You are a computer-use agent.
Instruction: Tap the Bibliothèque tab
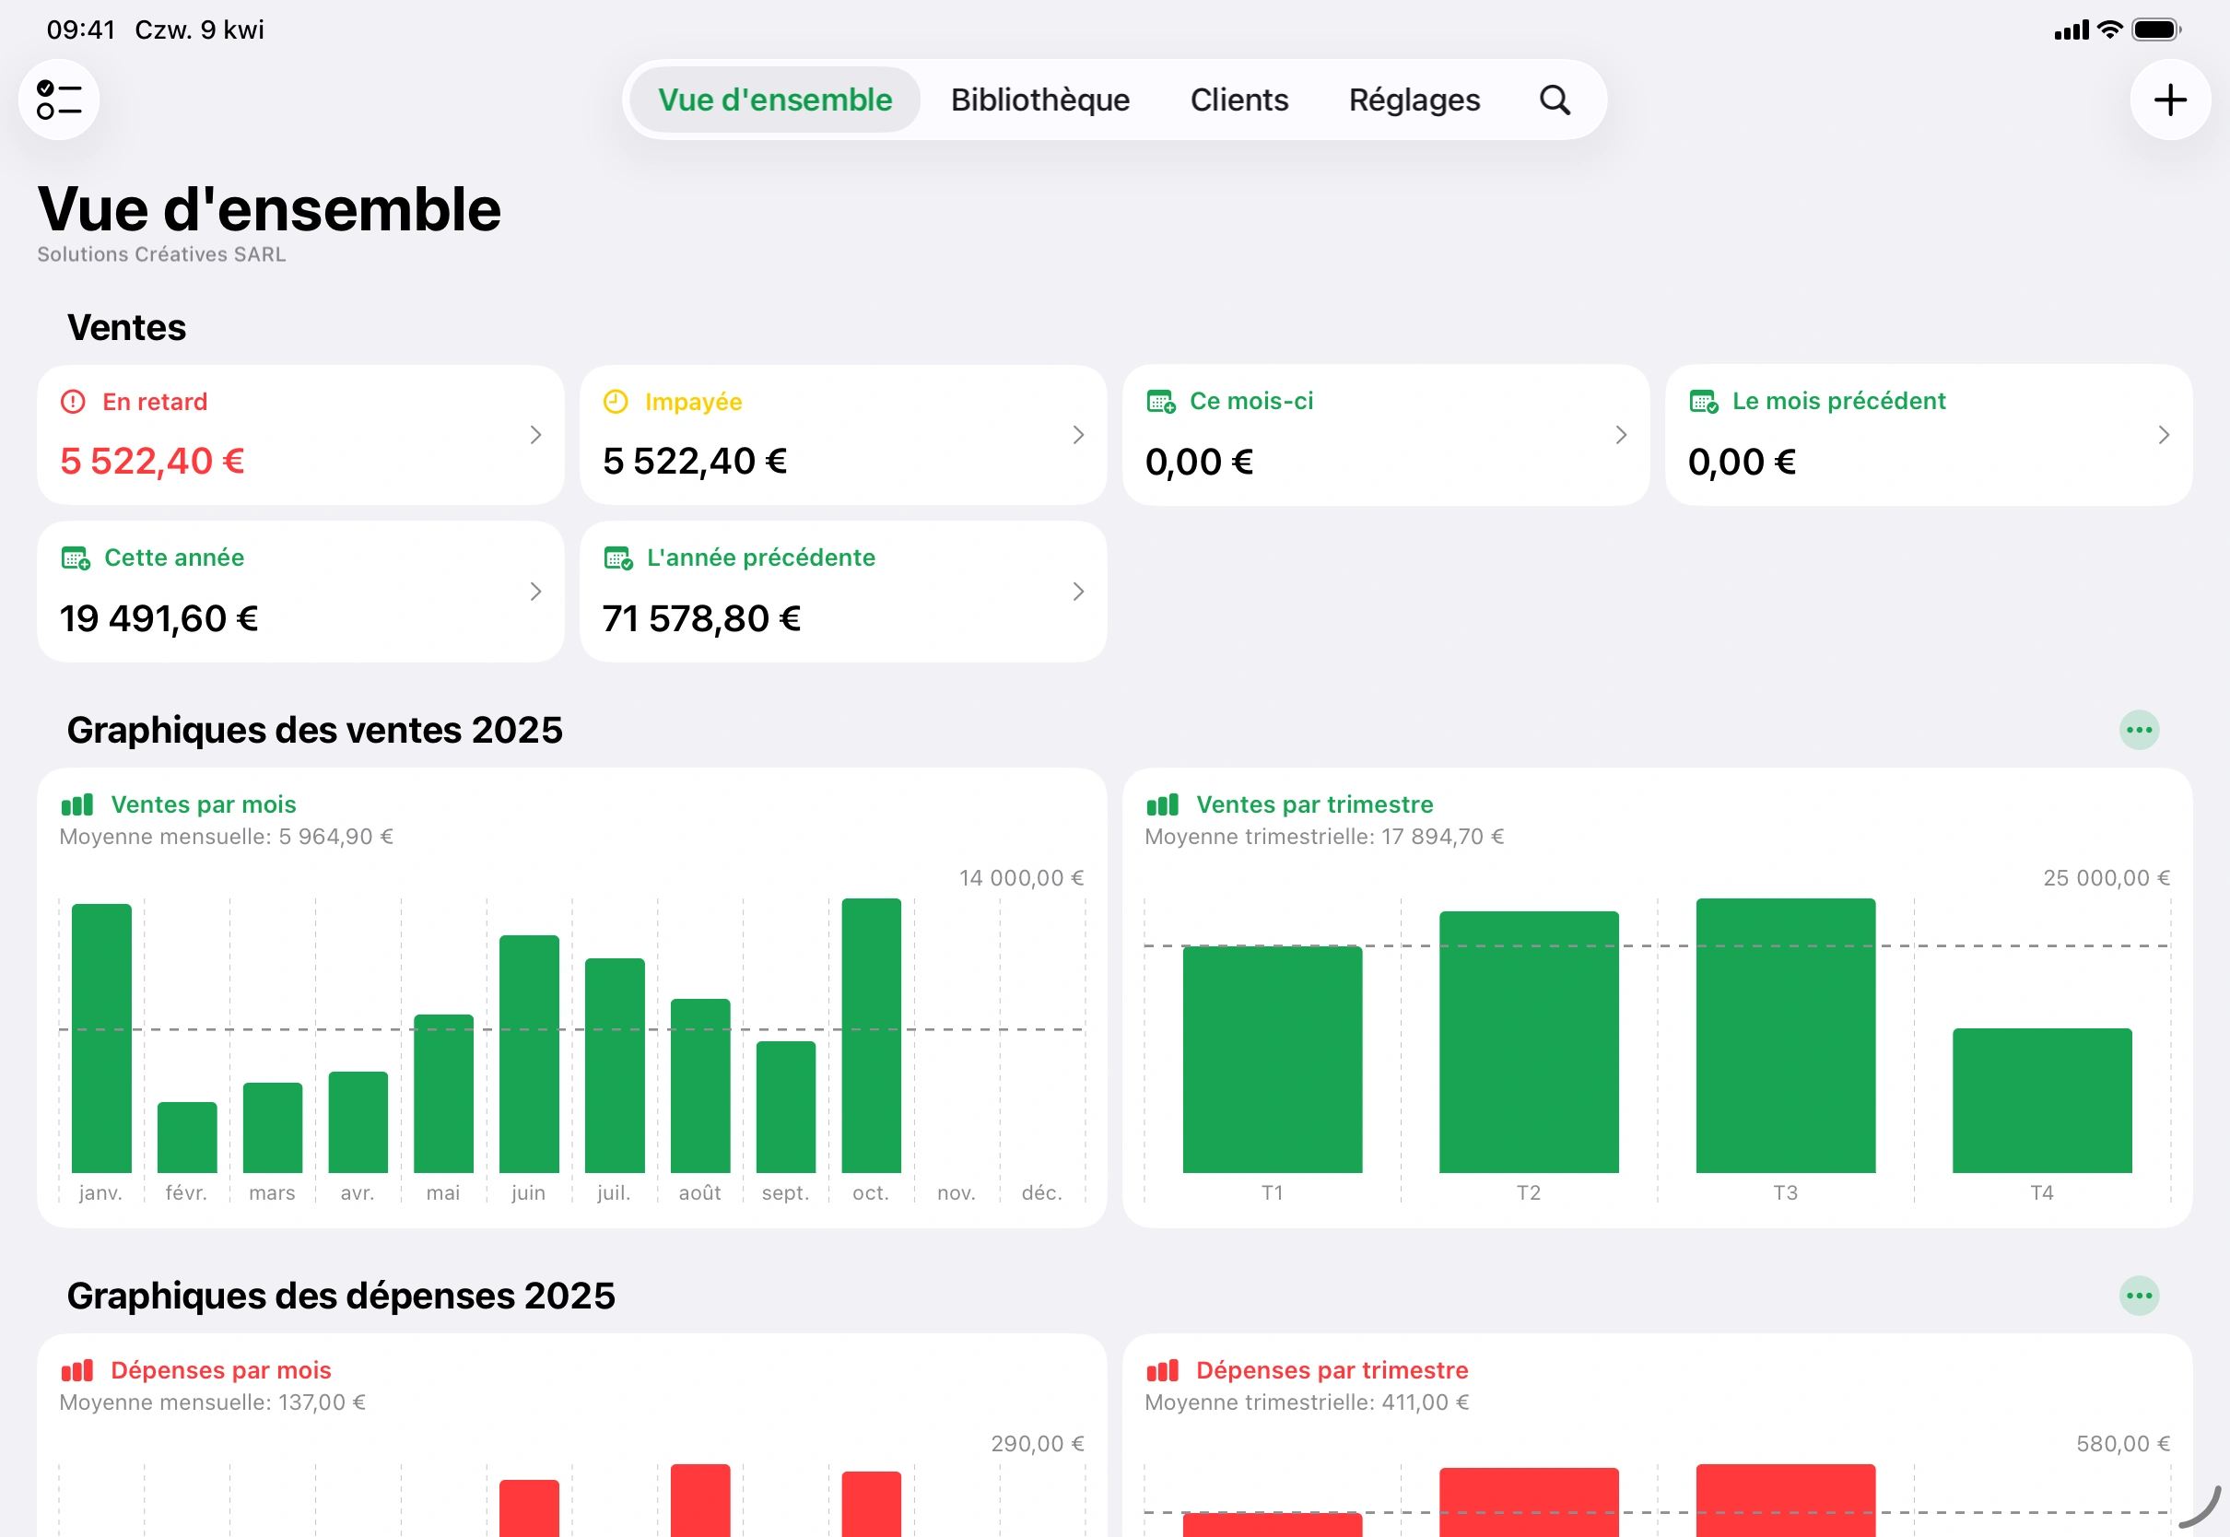click(1039, 100)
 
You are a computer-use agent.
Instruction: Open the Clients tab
click(1239, 100)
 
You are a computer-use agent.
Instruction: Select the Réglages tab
click(1414, 100)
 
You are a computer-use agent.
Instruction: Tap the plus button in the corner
click(2169, 100)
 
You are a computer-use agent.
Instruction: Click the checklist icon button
click(59, 100)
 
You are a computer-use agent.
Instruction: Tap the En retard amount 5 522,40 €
click(152, 462)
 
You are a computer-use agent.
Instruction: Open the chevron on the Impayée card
click(1078, 435)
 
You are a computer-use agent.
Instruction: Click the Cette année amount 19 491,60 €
click(158, 618)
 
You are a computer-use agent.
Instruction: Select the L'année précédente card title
click(760, 557)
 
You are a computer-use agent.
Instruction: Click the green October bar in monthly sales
click(872, 1035)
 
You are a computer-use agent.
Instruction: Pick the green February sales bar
click(187, 1137)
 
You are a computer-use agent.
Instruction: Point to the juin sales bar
click(529, 1053)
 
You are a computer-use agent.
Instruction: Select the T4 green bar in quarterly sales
click(2041, 1101)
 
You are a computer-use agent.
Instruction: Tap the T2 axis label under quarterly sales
click(1528, 1193)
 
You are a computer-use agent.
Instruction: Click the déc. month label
click(1042, 1193)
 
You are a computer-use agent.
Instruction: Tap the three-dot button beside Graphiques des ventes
click(2139, 730)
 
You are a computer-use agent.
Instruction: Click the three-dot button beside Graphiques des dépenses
click(2139, 1296)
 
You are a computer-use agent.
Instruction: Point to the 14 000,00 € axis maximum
click(1021, 878)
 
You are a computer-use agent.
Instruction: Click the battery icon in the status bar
click(2154, 29)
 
